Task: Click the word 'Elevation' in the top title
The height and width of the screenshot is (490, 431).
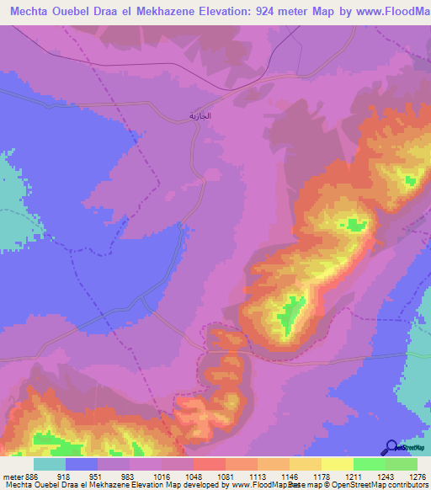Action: tap(215, 12)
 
